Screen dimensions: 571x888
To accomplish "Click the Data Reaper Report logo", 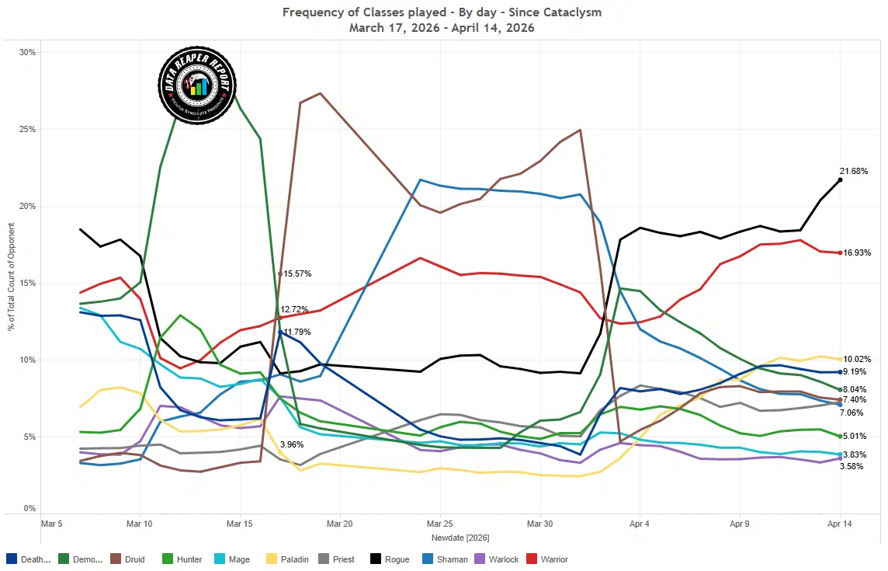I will point(196,85).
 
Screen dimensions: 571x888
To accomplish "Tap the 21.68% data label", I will point(853,171).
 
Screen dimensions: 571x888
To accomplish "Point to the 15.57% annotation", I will point(298,273).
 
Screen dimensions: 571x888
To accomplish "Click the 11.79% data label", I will point(296,333).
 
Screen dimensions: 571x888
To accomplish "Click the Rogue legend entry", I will point(390,559).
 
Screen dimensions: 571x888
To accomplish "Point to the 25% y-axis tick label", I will point(27,129).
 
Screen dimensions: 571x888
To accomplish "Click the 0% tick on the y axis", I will point(29,509).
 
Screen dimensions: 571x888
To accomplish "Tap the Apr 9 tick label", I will point(740,524).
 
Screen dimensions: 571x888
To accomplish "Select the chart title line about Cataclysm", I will point(442,12).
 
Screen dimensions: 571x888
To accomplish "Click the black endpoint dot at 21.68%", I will point(840,180).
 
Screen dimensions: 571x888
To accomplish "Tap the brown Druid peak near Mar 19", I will point(321,93).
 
